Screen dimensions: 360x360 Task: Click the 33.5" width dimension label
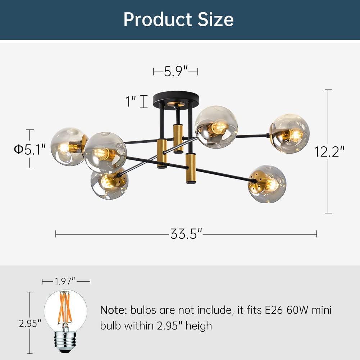point(186,234)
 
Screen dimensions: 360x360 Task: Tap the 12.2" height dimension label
point(329,152)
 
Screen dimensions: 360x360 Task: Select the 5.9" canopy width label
point(176,71)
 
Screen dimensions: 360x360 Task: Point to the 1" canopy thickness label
point(131,101)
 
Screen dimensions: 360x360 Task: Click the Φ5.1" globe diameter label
point(29,150)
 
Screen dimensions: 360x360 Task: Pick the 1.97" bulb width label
point(65,281)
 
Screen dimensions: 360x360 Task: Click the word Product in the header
point(158,19)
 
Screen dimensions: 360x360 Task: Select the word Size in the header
point(215,19)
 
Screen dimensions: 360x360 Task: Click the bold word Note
point(114,310)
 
